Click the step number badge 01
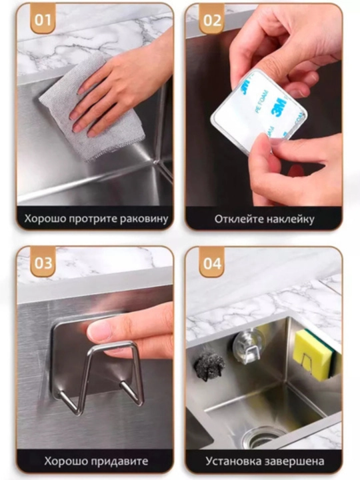[x=43, y=20]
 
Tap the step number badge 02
[x=212, y=20]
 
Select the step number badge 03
[x=43, y=263]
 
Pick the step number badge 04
[x=212, y=263]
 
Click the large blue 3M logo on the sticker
[x=279, y=107]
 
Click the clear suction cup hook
[x=248, y=345]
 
